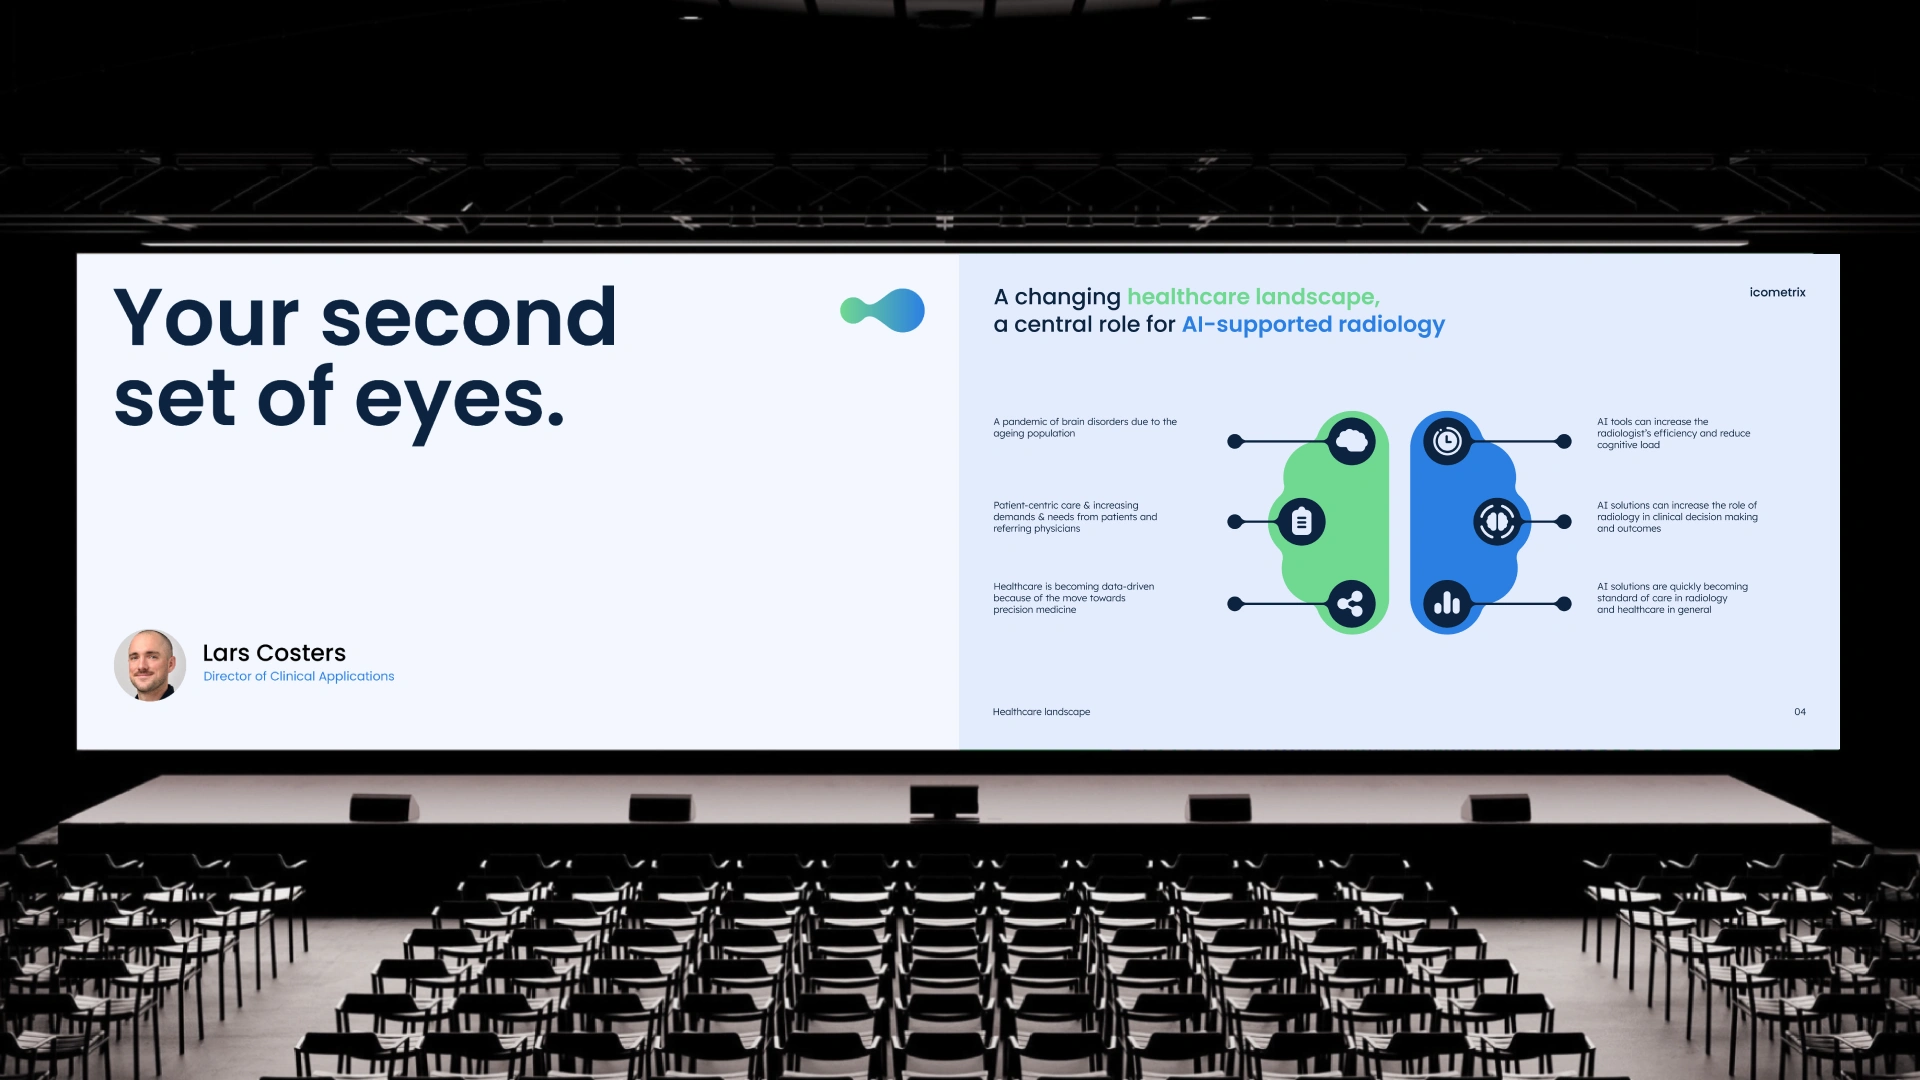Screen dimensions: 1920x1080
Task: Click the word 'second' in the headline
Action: point(468,317)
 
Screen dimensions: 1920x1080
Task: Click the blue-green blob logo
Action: point(882,310)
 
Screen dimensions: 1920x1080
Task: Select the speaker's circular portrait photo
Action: point(150,665)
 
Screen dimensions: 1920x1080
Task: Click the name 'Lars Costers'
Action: point(274,653)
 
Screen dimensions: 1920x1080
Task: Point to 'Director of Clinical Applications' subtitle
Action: point(299,676)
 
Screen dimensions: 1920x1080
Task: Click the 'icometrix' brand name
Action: point(1777,292)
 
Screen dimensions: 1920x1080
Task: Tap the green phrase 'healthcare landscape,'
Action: point(1253,297)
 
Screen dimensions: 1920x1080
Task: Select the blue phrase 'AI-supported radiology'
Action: point(1313,325)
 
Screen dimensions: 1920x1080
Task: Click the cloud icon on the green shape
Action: point(1352,441)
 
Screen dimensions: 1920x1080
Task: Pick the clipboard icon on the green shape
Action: point(1301,522)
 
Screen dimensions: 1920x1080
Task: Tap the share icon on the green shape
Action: point(1351,604)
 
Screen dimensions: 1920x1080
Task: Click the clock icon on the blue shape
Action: point(1447,441)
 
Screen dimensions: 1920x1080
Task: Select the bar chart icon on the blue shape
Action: point(1447,604)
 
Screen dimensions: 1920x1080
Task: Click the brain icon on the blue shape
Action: point(1497,522)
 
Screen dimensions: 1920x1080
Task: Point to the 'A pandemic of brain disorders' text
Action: point(1085,428)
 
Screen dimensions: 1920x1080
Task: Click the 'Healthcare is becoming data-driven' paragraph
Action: point(1074,598)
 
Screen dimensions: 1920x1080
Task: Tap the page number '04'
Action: point(1800,712)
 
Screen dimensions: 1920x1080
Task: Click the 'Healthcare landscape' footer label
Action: point(1041,712)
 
